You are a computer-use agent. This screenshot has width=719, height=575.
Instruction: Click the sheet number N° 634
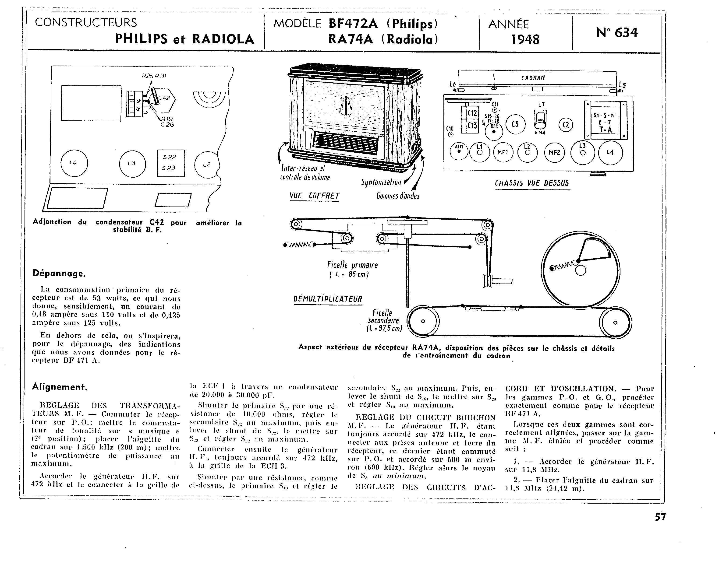617,33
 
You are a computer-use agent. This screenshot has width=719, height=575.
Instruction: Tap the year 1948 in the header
525,40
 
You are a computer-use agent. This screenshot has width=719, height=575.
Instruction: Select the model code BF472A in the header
354,24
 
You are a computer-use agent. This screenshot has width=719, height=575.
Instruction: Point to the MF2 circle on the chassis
554,152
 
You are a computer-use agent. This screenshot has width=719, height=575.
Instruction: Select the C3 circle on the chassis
515,124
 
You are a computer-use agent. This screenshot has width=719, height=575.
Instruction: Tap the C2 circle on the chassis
566,125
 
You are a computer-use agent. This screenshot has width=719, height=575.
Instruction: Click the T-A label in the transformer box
605,130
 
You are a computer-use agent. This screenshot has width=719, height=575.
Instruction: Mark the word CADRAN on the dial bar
533,78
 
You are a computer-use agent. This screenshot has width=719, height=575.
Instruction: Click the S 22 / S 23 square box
171,163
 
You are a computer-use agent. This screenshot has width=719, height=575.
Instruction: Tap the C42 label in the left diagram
164,98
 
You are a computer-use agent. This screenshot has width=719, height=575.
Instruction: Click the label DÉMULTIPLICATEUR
327,299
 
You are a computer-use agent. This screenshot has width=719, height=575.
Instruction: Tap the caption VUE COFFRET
314,196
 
